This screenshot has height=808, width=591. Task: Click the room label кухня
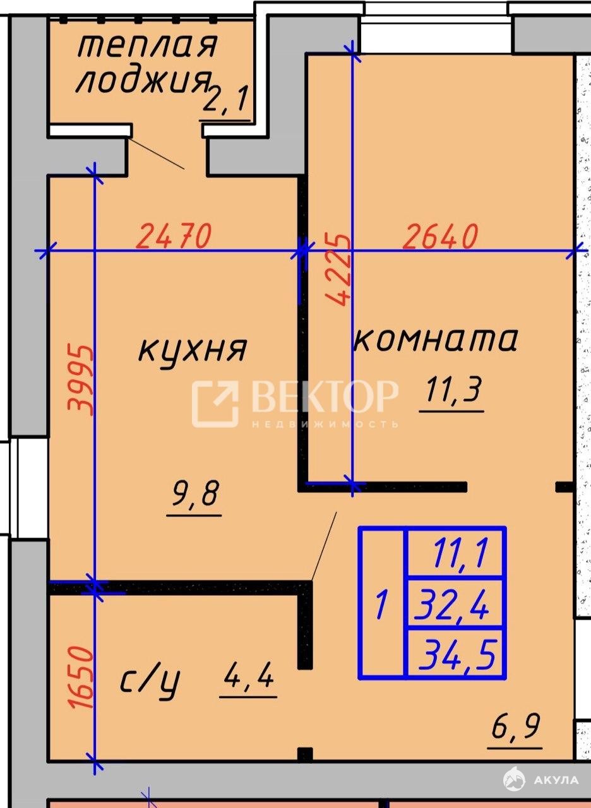[193, 349]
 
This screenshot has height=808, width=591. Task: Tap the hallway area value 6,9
[516, 725]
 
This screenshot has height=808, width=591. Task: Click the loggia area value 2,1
[225, 98]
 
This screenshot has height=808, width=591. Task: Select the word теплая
[147, 46]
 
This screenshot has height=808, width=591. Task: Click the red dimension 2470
[174, 236]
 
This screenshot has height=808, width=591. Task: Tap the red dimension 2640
[441, 236]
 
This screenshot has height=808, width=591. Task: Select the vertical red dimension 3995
[80, 380]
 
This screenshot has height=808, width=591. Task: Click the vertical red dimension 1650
[82, 677]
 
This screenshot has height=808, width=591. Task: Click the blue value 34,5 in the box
[457, 653]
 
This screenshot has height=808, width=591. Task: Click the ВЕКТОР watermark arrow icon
[215, 403]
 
